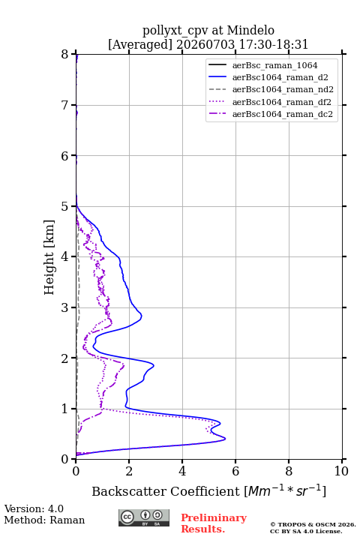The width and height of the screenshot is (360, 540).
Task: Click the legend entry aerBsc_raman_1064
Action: click(x=274, y=65)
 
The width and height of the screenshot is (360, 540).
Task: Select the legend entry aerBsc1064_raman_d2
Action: click(x=280, y=77)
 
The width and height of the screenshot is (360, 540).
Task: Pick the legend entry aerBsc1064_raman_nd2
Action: click(x=283, y=89)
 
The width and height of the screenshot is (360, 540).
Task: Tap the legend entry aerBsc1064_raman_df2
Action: click(x=281, y=102)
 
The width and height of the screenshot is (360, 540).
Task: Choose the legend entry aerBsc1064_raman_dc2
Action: click(x=283, y=114)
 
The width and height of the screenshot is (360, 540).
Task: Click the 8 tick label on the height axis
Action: click(x=65, y=55)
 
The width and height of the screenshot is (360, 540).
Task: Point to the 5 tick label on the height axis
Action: click(x=65, y=206)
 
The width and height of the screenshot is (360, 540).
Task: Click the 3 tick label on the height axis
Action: click(x=65, y=307)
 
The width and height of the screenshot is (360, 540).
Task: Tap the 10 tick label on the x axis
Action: click(x=341, y=471)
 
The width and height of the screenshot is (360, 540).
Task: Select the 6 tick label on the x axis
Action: click(x=235, y=471)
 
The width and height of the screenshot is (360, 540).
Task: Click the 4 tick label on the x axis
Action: click(x=182, y=471)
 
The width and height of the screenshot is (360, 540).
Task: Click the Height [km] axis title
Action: click(x=49, y=257)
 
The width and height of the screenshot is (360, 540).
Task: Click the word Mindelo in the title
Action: click(x=250, y=30)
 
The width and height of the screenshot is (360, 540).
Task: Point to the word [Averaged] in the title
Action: click(x=139, y=44)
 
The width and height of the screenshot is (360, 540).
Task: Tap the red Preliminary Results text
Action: click(x=214, y=523)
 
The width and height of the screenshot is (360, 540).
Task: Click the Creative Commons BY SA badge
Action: click(x=144, y=518)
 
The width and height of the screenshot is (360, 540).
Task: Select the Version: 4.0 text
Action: click(x=34, y=508)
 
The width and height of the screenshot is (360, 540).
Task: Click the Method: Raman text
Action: click(x=44, y=520)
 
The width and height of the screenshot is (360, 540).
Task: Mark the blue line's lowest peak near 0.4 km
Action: click(x=225, y=439)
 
